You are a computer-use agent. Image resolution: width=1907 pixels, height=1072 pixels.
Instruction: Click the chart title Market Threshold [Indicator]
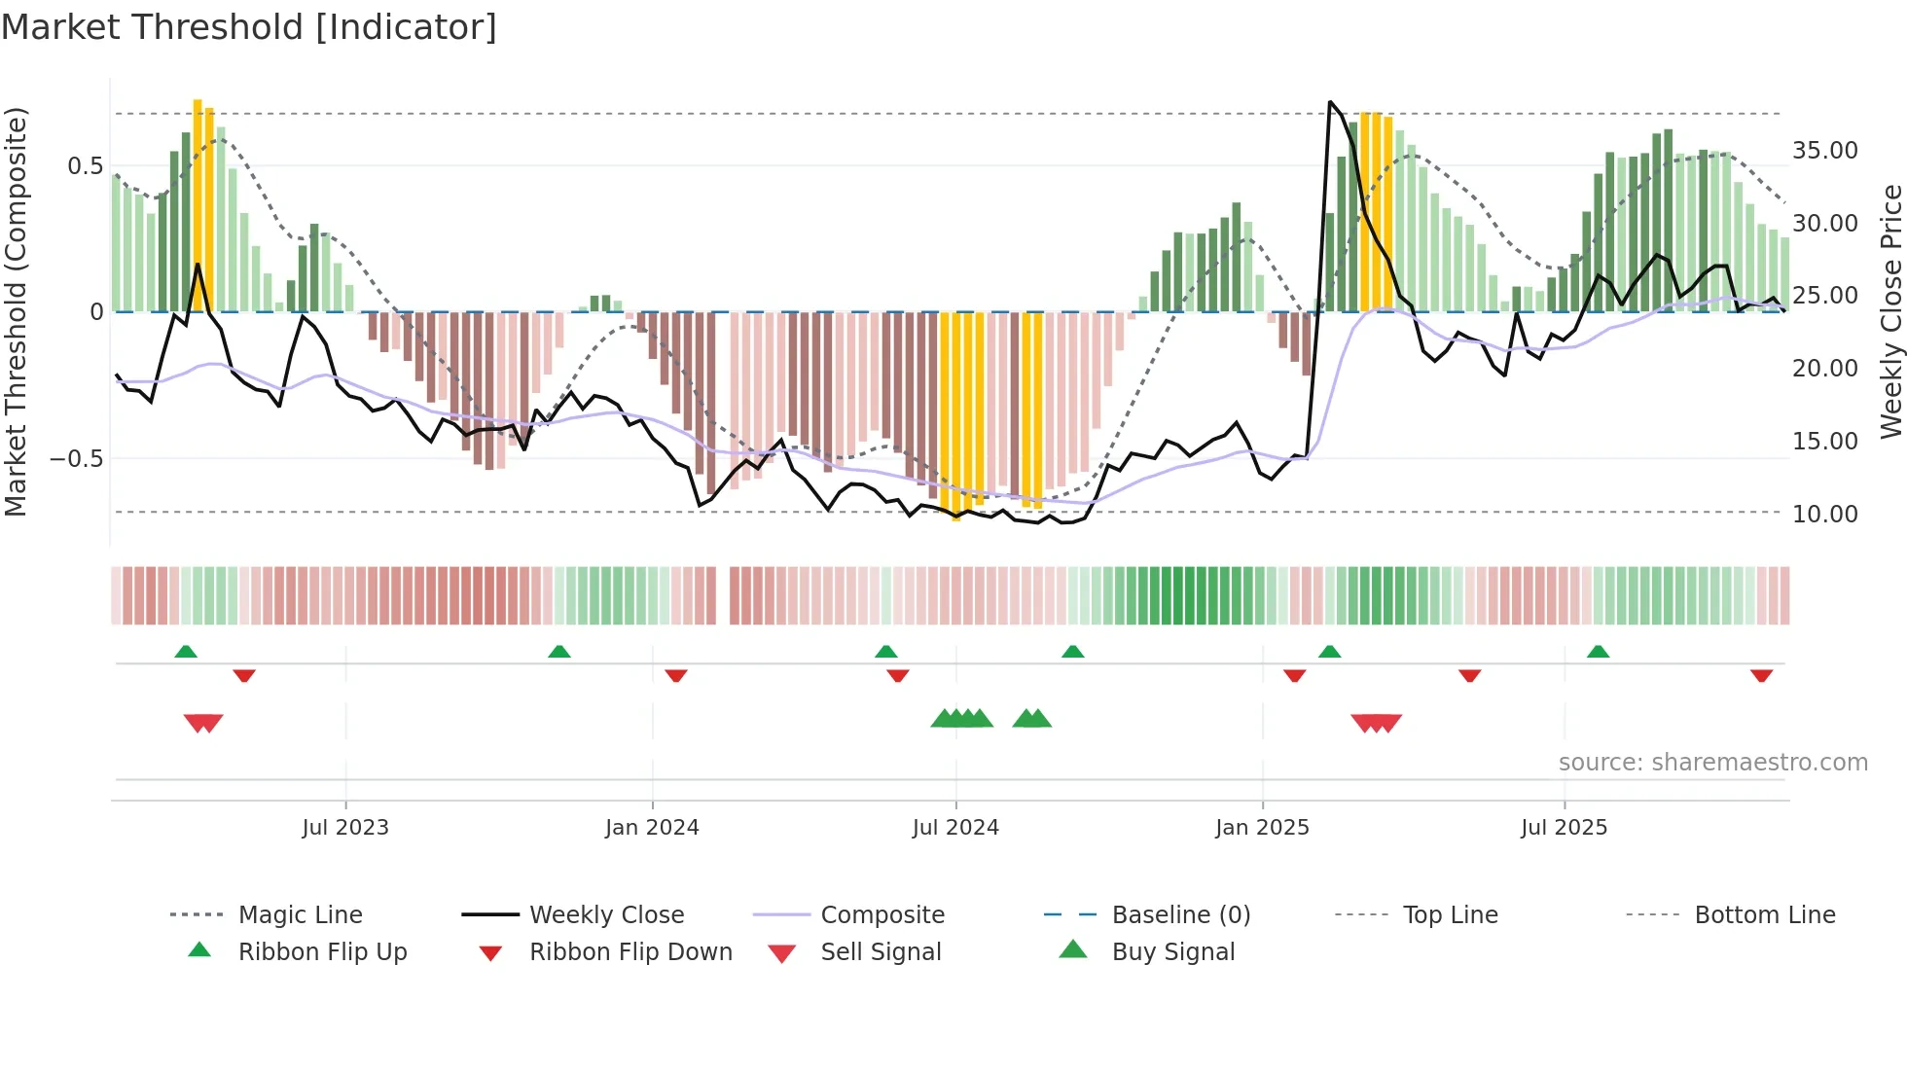pyautogui.click(x=249, y=27)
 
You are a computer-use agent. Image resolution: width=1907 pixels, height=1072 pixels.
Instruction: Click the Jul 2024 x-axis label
pyautogui.click(x=955, y=828)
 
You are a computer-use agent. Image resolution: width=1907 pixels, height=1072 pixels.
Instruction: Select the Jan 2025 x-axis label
pyautogui.click(x=1262, y=828)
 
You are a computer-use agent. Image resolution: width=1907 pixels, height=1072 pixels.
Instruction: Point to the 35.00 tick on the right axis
pyautogui.click(x=1824, y=151)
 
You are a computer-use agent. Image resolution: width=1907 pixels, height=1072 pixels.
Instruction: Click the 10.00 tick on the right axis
pyautogui.click(x=1824, y=514)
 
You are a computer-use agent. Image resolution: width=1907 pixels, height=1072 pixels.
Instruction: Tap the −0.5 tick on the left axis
pyautogui.click(x=77, y=458)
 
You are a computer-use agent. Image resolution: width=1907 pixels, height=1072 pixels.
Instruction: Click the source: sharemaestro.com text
pyautogui.click(x=1712, y=763)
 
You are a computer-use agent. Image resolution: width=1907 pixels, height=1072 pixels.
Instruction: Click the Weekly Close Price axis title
pyautogui.click(x=1890, y=311)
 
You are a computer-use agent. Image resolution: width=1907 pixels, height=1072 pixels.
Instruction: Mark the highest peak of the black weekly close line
pyautogui.click(x=1330, y=101)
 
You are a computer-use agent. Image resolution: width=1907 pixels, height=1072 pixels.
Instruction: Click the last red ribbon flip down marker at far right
pyautogui.click(x=1761, y=675)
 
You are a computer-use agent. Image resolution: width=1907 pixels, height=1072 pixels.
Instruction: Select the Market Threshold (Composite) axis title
pyautogui.click(x=16, y=311)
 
